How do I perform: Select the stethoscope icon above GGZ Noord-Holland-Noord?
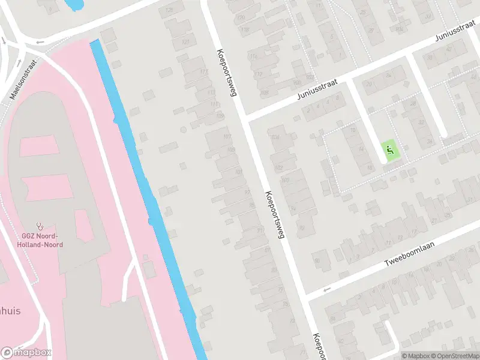pos(40,226)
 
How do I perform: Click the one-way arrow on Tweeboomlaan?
pos(328,290)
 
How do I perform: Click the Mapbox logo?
pos(26,352)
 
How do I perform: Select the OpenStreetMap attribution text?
pos(454,355)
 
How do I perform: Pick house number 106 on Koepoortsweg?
pos(276,137)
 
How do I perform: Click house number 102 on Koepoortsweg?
pos(278,167)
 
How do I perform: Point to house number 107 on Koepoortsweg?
pos(227,135)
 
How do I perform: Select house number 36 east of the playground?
pos(430,142)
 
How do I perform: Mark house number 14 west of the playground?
pos(361,148)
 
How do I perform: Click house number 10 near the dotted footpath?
pos(353,130)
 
